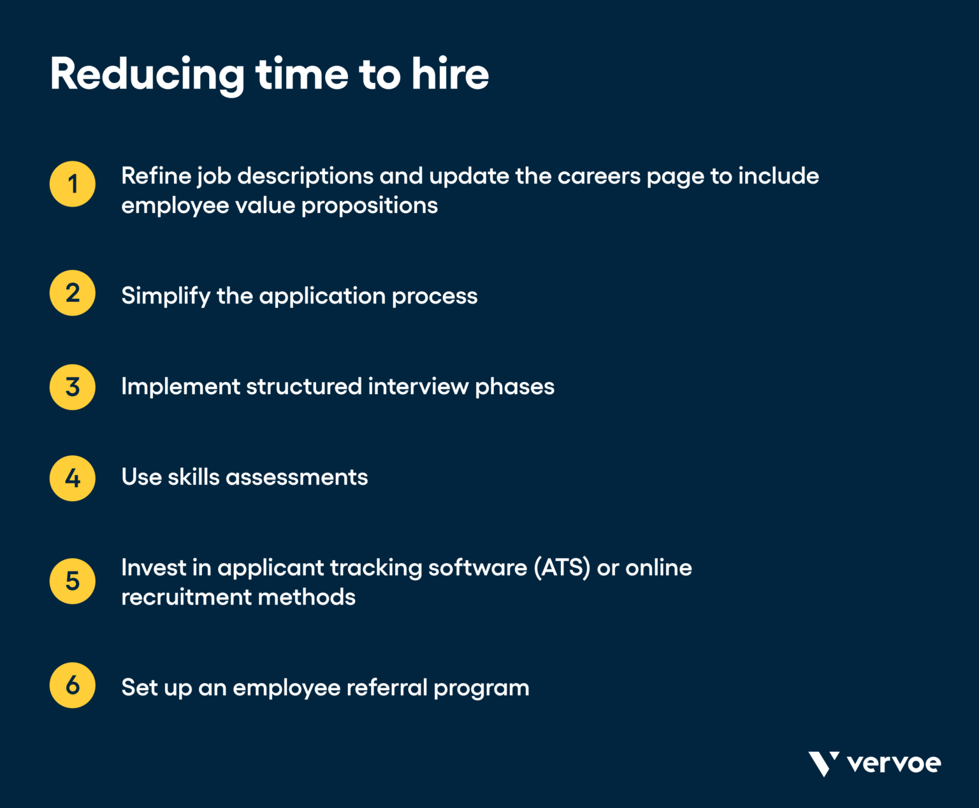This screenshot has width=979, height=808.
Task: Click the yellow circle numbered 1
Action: (x=73, y=184)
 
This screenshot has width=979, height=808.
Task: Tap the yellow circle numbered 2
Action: (x=73, y=293)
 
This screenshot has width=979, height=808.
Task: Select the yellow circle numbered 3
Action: (x=73, y=387)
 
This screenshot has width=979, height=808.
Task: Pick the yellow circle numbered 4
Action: (x=73, y=478)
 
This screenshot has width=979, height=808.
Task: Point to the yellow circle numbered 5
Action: (x=73, y=581)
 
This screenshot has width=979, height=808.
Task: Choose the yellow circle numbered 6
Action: (x=73, y=686)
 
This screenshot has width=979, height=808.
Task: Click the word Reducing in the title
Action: (x=147, y=75)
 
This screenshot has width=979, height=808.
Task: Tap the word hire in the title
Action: (x=450, y=75)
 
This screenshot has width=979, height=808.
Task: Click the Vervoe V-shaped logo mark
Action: (x=823, y=763)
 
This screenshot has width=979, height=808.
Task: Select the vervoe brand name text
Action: (x=894, y=763)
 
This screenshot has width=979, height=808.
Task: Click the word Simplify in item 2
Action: (x=166, y=297)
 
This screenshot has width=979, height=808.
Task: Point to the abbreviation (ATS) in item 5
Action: (x=562, y=568)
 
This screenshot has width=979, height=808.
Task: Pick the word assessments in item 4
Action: (x=297, y=478)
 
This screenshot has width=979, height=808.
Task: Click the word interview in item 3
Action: (x=418, y=386)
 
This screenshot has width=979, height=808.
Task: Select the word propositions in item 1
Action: (x=370, y=206)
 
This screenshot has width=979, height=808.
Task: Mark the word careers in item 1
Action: (x=598, y=176)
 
